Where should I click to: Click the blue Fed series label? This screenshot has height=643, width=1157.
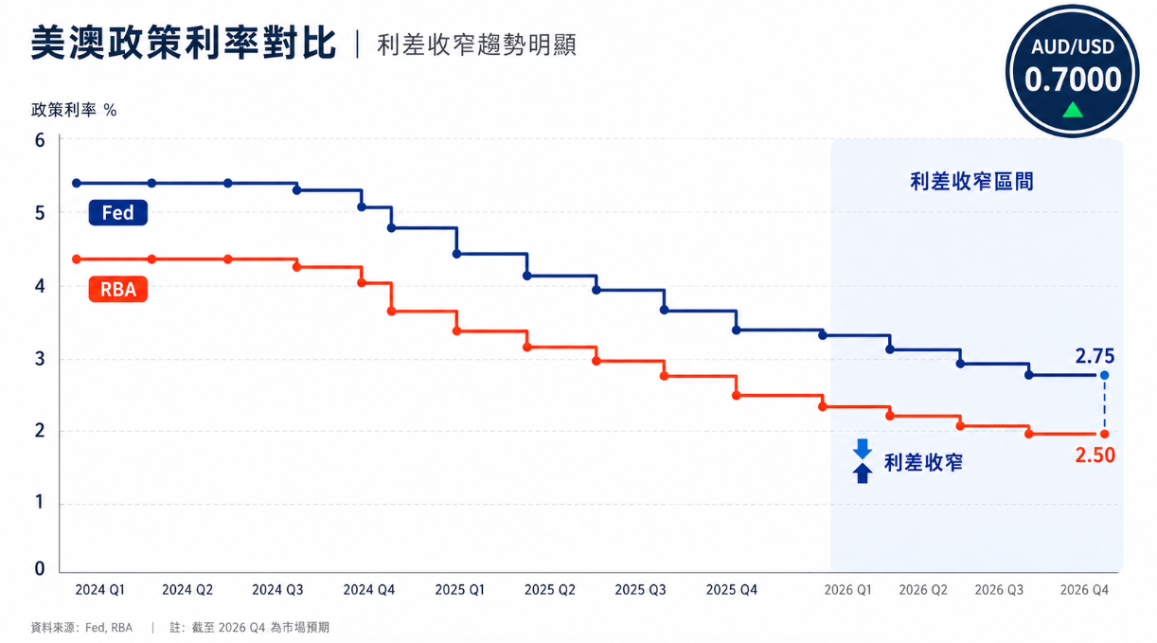[117, 212]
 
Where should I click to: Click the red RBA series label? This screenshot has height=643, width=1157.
[117, 289]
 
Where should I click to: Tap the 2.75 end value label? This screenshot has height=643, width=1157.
[1095, 356]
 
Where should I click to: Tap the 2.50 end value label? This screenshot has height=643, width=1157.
[1095, 455]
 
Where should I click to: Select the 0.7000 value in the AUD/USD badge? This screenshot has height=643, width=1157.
[1073, 80]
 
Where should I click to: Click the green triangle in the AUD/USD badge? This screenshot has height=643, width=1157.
[1073, 110]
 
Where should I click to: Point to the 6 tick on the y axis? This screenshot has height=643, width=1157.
[40, 140]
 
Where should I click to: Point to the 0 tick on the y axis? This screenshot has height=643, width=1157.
[40, 568]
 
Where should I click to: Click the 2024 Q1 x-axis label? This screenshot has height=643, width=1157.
[99, 590]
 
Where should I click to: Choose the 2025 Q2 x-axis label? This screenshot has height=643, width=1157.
[549, 590]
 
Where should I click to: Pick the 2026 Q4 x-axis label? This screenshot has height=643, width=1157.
[1084, 590]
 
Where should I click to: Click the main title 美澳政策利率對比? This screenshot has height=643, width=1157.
[184, 44]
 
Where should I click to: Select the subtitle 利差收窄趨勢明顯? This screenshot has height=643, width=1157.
[476, 45]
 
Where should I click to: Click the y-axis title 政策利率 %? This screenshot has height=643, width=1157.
[74, 110]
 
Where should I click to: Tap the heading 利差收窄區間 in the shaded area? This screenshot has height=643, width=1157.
[971, 181]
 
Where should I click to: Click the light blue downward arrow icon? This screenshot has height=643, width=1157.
[862, 449]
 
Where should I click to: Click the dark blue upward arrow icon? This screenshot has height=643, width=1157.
[862, 473]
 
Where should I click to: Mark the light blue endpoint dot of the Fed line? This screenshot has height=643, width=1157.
[1104, 375]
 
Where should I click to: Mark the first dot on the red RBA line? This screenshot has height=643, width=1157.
[77, 259]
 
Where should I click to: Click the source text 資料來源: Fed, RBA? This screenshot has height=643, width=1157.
[81, 628]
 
